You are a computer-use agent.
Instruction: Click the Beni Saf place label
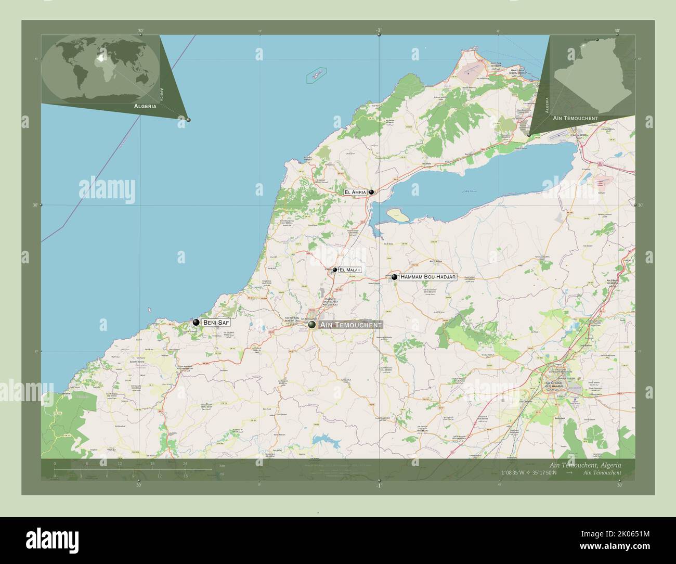point(216,323)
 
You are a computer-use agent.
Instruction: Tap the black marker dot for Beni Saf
point(196,323)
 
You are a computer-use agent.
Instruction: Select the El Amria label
point(355,192)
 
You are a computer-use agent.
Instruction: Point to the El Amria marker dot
point(372,192)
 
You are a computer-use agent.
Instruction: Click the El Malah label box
point(349,270)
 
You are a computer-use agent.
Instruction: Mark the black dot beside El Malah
point(335,270)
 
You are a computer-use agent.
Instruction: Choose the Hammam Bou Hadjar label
point(428,277)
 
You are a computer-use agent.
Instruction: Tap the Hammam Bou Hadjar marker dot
point(395,277)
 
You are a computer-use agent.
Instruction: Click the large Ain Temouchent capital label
point(352,325)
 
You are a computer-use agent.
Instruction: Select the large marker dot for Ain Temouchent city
point(312,325)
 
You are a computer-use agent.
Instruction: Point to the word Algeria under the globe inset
point(145,106)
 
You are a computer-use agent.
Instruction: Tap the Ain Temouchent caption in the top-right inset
point(576,119)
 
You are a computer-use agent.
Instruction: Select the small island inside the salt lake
point(397,214)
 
